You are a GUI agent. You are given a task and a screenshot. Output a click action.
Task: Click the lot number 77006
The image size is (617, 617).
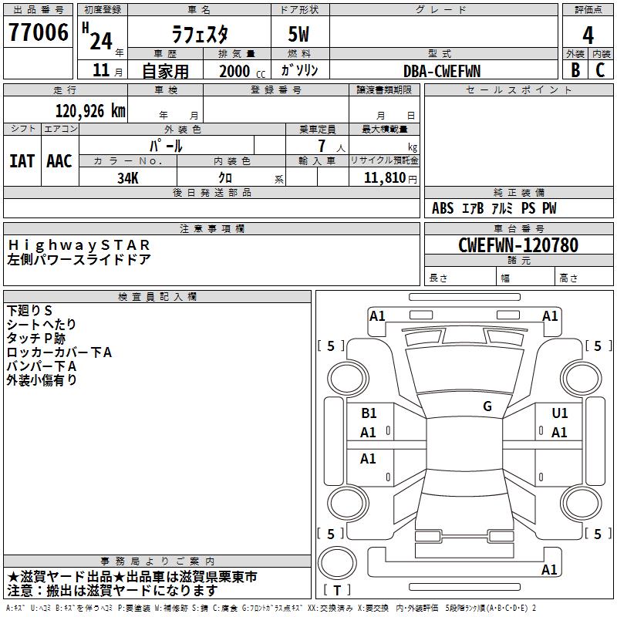pos(38,33)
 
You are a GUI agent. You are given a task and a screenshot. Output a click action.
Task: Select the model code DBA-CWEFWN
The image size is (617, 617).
pos(442,71)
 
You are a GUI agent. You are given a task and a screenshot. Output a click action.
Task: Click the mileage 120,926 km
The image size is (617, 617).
pos(90,111)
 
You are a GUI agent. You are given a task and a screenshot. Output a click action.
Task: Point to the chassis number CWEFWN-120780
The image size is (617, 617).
pos(518,245)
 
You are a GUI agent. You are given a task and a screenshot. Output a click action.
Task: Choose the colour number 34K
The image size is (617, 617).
pos(127,177)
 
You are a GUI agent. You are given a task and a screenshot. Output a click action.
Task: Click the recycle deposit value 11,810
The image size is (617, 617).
pos(383,177)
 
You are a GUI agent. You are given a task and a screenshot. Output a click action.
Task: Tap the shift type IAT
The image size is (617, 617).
pos(22,161)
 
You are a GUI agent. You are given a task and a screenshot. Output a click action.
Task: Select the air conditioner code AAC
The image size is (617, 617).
pos(59,161)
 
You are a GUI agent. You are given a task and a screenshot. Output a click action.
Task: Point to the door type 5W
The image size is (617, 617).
pos(300,34)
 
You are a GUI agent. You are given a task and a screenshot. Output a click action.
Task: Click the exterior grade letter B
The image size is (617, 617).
pos(575,70)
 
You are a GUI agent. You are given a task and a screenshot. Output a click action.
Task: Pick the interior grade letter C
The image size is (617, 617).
pos(600,70)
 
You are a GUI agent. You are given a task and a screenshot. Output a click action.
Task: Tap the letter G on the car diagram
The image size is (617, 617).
pos(487,406)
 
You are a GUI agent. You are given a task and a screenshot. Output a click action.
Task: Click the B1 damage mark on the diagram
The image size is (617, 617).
pos(369,413)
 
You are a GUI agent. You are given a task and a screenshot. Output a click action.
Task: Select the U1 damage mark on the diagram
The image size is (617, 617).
pos(559,413)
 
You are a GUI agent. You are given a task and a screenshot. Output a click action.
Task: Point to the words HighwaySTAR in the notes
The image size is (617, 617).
pos(79,244)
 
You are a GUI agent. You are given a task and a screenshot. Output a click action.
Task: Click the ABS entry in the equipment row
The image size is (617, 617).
pos(443,208)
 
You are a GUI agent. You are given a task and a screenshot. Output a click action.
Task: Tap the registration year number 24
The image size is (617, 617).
pos(100,40)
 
